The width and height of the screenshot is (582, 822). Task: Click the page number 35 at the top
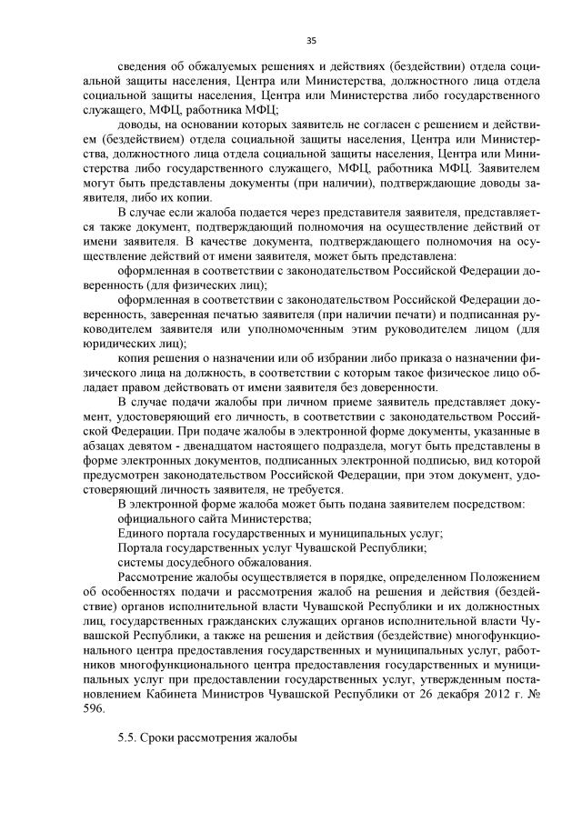311,40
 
